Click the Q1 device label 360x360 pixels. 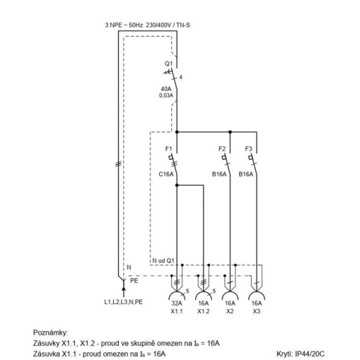coord(168,63)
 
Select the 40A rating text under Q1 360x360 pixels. coord(166,89)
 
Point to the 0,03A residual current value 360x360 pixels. coord(166,95)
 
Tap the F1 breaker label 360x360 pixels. coord(168,149)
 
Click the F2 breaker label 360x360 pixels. coord(222,149)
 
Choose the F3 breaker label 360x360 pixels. coord(248,149)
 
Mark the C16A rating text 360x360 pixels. coord(166,174)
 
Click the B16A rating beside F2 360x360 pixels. coord(219,174)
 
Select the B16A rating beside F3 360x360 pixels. coord(246,174)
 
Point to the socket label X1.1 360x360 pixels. coord(176,311)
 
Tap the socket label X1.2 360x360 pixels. coord(203,311)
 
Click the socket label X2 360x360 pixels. coord(230,311)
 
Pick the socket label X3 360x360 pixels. coord(256,311)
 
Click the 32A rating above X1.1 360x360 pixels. coord(176,303)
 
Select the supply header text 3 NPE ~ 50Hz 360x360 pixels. coord(124,25)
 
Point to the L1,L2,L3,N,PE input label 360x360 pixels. coord(123,302)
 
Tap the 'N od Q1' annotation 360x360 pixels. coord(163,261)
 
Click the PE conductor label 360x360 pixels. coord(134,281)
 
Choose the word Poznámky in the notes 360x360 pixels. coord(50,333)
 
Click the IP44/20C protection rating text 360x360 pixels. coord(310,354)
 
